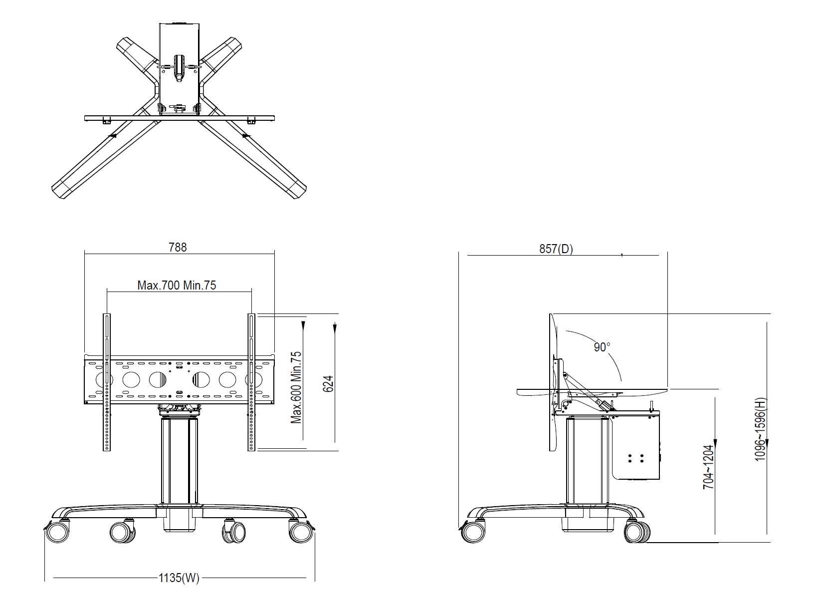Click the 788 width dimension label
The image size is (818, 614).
click(x=178, y=247)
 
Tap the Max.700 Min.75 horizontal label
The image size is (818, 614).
click(x=177, y=285)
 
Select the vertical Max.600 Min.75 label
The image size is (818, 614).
click(x=296, y=388)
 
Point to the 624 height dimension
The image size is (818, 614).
click(x=328, y=383)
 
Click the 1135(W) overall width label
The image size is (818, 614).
click(x=179, y=578)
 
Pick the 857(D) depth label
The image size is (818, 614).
click(x=556, y=249)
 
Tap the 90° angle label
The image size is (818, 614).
click(x=602, y=347)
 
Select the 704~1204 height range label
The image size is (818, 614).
click(x=708, y=467)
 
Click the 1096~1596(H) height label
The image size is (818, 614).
click(x=760, y=429)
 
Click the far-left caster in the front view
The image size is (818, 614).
click(x=57, y=531)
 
